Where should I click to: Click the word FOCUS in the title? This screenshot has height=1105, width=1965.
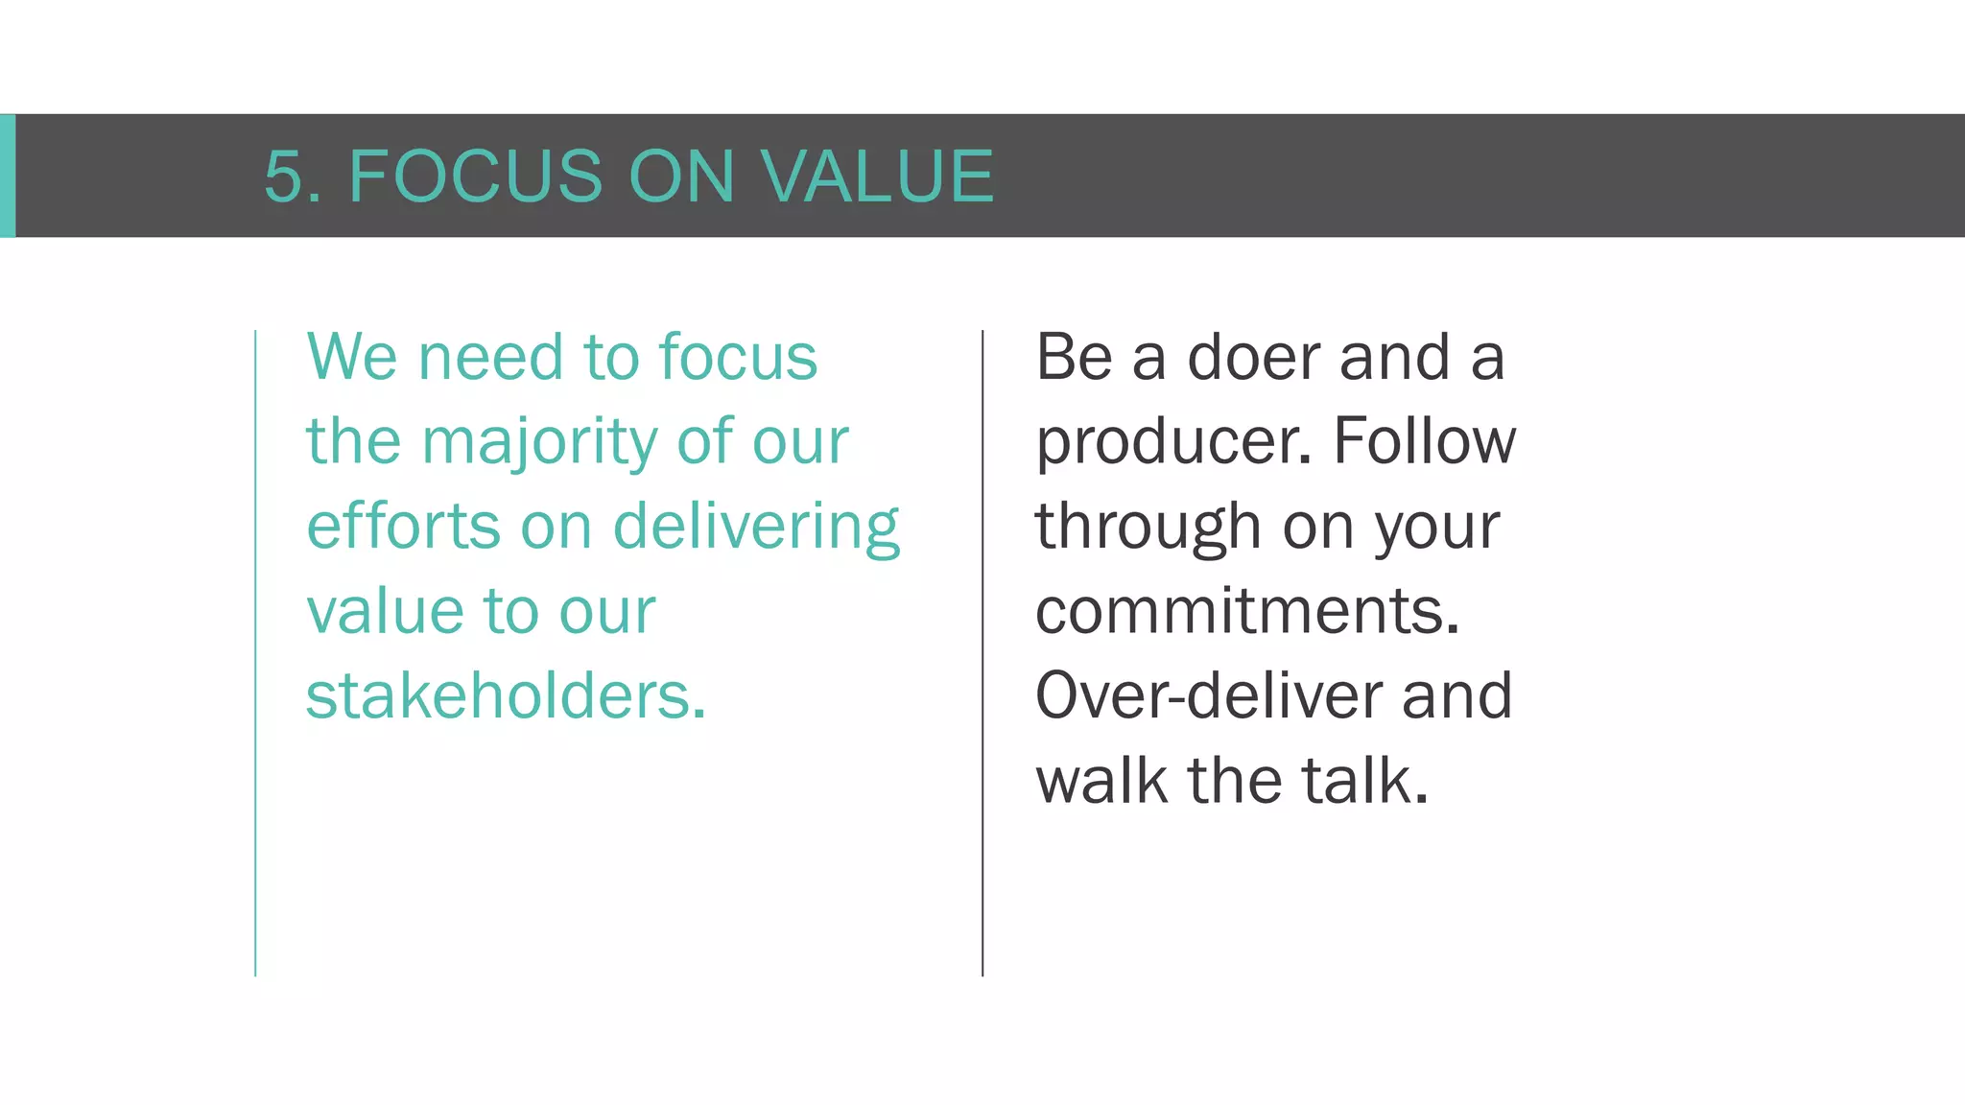(475, 176)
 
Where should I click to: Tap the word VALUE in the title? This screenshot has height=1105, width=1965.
(877, 176)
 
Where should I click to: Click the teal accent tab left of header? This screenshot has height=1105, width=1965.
(7, 176)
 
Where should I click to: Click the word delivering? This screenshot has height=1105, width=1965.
(756, 527)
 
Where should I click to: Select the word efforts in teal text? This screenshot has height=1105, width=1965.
(403, 527)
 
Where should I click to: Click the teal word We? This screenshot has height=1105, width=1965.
(351, 357)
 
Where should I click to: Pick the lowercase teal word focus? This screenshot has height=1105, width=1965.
(738, 357)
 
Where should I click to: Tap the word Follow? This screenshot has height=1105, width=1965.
(1425, 442)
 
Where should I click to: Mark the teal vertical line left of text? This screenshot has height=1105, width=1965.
(255, 652)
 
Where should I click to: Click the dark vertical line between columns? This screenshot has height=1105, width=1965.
(982, 652)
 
